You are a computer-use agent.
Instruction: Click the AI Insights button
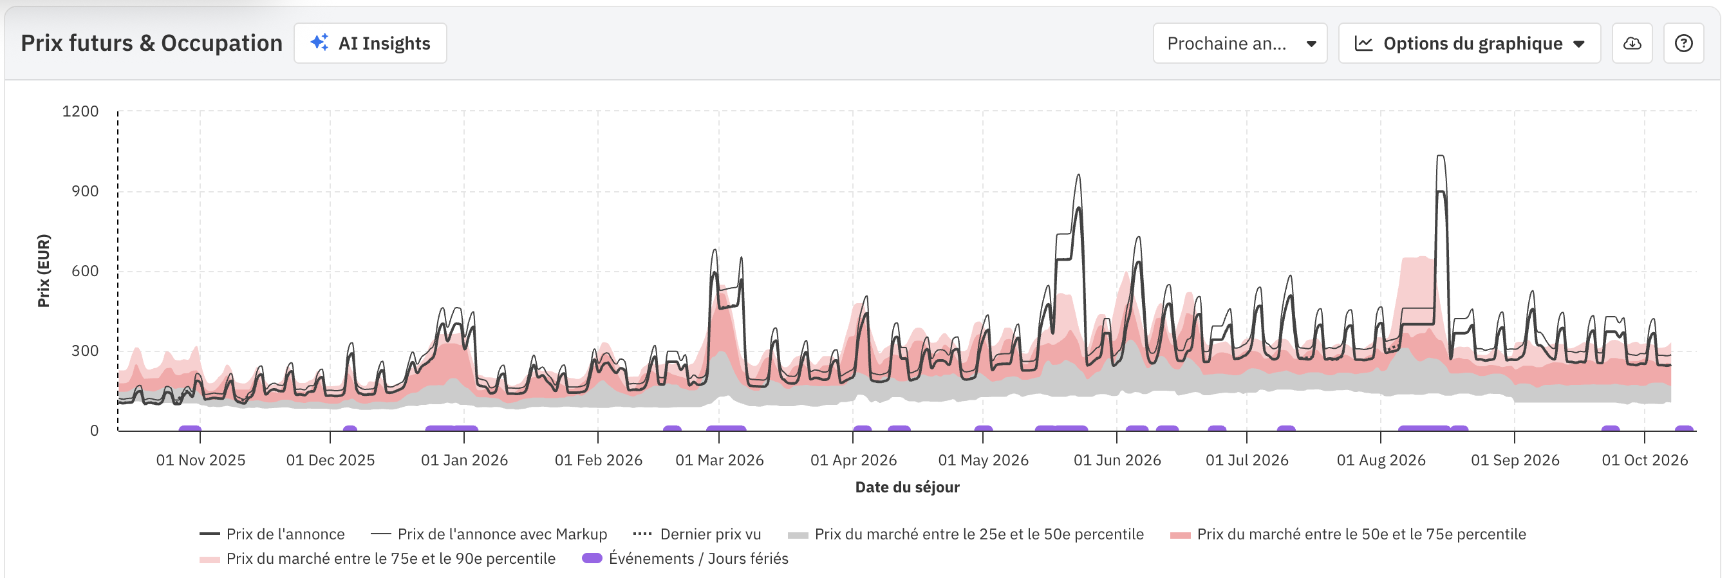[370, 44]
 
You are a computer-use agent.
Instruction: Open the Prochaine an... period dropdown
[1239, 44]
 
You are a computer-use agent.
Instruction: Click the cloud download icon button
[1632, 44]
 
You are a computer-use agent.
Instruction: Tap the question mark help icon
[1683, 44]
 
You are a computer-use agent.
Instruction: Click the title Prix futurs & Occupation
[152, 43]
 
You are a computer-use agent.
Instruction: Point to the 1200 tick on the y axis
[80, 111]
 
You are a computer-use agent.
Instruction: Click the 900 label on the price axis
[84, 191]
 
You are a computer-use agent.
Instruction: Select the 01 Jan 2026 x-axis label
[464, 460]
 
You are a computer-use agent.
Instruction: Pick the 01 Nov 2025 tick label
[200, 460]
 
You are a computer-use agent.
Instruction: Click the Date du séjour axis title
[907, 487]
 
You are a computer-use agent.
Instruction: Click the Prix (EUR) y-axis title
[44, 270]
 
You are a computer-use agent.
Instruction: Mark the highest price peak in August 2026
[1441, 157]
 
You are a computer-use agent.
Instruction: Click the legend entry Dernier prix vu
[709, 534]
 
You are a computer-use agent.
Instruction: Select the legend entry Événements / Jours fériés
[697, 559]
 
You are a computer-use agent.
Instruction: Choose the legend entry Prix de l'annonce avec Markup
[501, 534]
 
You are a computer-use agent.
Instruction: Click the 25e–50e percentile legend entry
[978, 534]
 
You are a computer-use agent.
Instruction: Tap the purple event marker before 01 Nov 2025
[190, 428]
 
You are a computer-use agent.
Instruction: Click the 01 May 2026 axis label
[983, 460]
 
